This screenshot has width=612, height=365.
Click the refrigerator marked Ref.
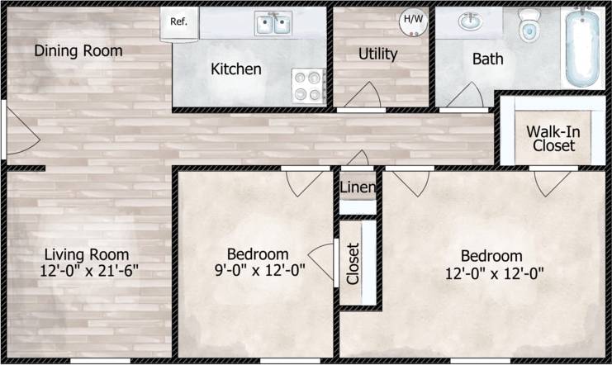coord(179,22)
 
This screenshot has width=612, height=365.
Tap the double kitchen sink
coord(273,24)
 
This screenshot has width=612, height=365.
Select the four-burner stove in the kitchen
coord(309,85)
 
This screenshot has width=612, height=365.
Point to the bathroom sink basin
coord(471,21)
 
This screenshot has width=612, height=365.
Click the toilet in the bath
coord(529,26)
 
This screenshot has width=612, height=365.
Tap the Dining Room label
coord(78,51)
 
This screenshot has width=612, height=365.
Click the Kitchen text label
coord(236,69)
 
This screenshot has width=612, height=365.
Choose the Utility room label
coord(377,55)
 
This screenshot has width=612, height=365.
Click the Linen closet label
coord(358,187)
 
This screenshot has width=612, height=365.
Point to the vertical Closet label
coord(353,263)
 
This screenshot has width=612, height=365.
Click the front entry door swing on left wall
coord(21,134)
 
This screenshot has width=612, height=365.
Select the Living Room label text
coord(87,254)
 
